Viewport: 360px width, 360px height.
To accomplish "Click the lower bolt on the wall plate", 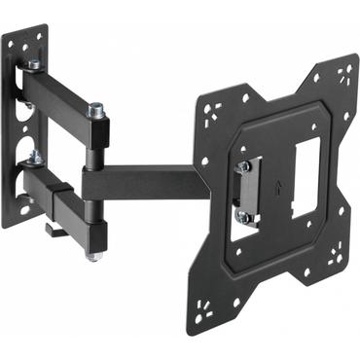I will (34, 156).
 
